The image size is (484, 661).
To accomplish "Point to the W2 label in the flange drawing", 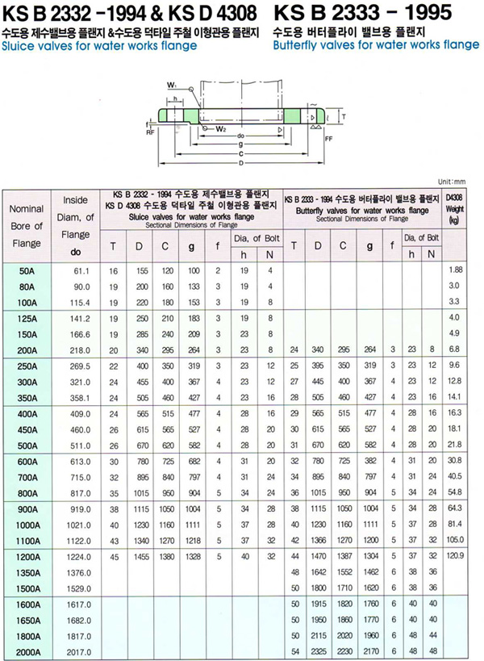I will click(x=221, y=128).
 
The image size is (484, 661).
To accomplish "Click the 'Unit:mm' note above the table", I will click(x=452, y=182).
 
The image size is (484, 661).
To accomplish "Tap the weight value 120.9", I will click(x=457, y=556).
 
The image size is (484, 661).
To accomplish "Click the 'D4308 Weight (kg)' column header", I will click(x=457, y=207).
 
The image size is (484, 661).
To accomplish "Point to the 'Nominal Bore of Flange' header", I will click(x=26, y=226).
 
